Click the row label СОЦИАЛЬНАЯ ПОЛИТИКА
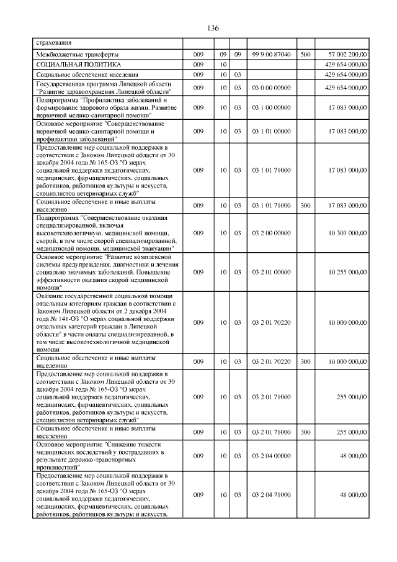point(78,65)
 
